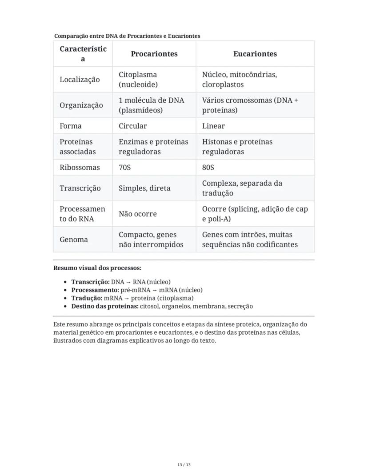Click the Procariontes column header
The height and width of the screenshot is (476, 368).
tap(154, 54)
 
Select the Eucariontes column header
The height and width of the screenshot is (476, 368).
tap(255, 54)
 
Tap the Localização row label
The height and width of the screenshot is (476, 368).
tap(80, 80)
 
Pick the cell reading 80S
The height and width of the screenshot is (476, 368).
tap(208, 168)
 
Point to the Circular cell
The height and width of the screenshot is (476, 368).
tap(132, 126)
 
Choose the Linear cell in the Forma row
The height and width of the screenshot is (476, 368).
tap(213, 126)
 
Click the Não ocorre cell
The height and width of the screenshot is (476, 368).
tap(137, 214)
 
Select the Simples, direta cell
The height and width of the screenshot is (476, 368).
tap(144, 188)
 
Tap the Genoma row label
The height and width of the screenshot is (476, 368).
tap(74, 240)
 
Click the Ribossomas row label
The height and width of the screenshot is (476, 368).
tap(80, 168)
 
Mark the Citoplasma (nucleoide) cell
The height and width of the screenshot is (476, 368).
tap(138, 80)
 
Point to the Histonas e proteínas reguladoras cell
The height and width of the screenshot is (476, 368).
tap(237, 147)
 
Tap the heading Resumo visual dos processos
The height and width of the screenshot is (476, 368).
tap(97, 268)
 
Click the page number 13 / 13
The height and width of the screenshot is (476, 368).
tap(184, 465)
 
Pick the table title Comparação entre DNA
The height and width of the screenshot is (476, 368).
tap(127, 36)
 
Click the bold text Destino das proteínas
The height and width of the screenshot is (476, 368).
tap(105, 306)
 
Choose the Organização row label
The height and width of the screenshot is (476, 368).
tap(81, 105)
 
